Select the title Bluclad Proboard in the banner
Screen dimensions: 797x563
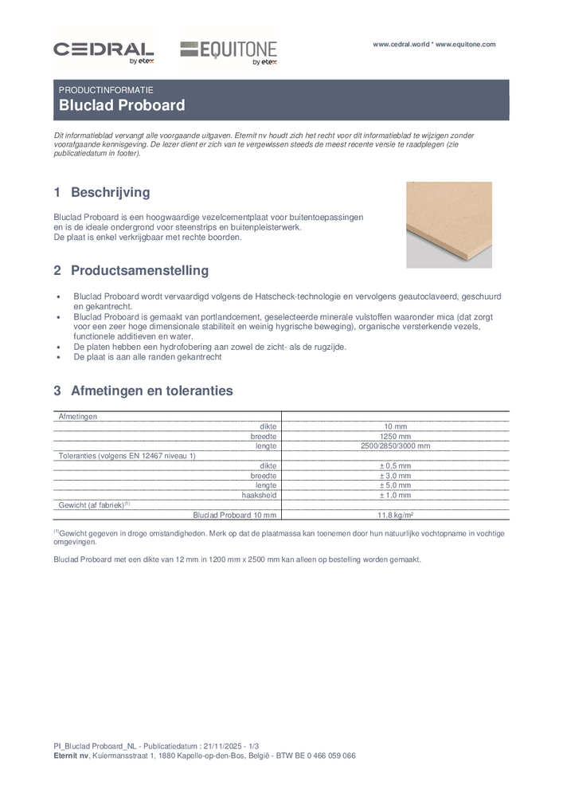tap(122, 105)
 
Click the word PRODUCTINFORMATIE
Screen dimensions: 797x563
tap(106, 90)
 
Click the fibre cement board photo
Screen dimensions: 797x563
tap(448, 224)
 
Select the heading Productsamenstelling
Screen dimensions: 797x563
tap(139, 271)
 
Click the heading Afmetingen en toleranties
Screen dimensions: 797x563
tap(151, 391)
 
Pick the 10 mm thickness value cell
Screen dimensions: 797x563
tap(397, 426)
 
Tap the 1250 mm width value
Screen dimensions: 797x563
tap(397, 437)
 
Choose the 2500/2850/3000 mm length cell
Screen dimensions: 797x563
tap(396, 446)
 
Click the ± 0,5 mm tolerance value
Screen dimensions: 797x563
tap(397, 465)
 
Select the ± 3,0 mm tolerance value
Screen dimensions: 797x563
tap(397, 476)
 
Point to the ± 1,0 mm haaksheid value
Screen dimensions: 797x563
tap(397, 495)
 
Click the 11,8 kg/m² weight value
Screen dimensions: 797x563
tap(396, 515)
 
